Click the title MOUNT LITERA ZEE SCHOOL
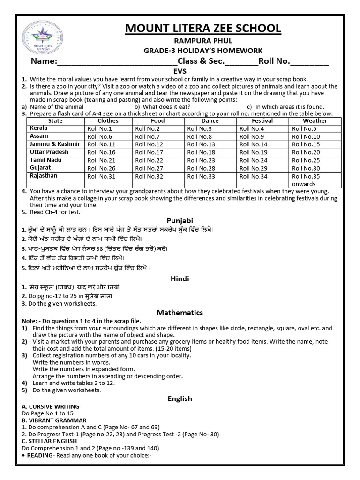click(203, 29)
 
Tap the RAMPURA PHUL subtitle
click(203, 42)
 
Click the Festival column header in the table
click(262, 121)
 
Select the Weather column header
click(315, 121)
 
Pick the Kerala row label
click(39, 128)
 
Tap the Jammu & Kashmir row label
click(55, 144)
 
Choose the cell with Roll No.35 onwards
click(306, 180)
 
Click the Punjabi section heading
click(180, 220)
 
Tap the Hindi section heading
click(180, 278)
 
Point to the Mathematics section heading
click(180, 312)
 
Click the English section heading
click(180, 398)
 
